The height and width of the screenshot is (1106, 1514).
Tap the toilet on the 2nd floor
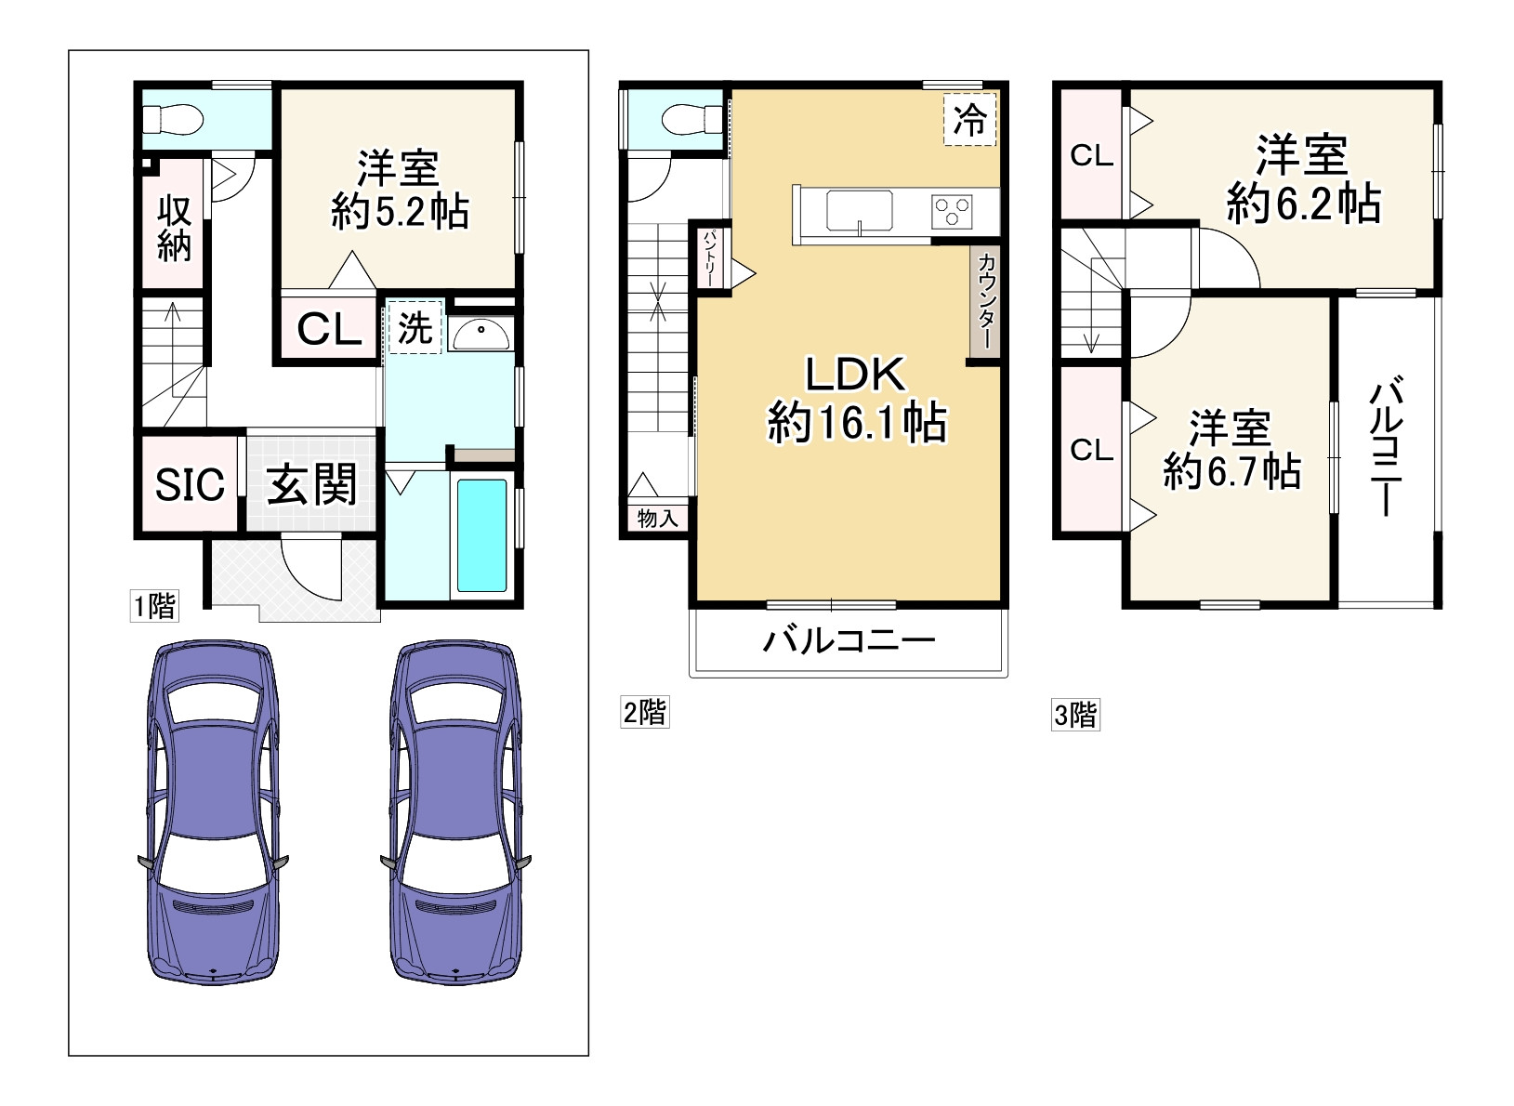coord(692,120)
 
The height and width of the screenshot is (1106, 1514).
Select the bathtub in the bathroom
coord(482,535)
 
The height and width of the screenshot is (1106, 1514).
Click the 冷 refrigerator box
coord(970,120)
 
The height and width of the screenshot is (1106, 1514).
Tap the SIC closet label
coord(190,484)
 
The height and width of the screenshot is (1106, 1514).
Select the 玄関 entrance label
coord(311,483)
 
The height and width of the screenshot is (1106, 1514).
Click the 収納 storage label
coord(174,229)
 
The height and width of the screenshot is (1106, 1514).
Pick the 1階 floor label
coord(155,605)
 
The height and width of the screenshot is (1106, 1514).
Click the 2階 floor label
coord(645,712)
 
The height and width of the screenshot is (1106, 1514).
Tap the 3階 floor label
coord(1075,715)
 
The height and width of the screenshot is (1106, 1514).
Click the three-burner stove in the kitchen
coord(952,212)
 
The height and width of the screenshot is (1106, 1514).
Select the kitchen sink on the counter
coord(859,211)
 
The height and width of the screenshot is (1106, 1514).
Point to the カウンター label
coord(986,300)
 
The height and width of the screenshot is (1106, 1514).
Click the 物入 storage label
coord(657,519)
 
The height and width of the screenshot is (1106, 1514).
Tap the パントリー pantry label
coord(710,257)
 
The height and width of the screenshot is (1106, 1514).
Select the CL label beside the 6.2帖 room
coord(1091,156)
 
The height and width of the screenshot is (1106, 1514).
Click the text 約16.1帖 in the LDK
coord(856,423)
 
